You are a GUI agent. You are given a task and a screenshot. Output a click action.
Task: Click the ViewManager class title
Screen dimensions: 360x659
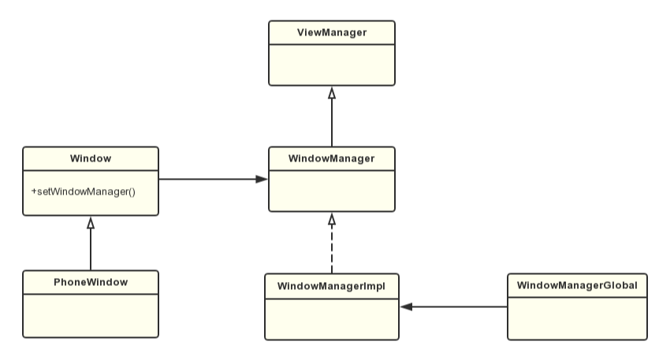[331, 32]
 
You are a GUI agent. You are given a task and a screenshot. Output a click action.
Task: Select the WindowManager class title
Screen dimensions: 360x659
[331, 158]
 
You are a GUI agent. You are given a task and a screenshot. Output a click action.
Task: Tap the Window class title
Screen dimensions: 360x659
[91, 158]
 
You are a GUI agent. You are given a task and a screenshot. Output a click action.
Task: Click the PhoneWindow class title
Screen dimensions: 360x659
[91, 281]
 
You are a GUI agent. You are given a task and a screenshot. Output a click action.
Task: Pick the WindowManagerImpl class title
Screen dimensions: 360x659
[332, 284]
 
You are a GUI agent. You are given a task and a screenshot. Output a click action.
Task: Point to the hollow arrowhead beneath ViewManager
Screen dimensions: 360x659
[332, 92]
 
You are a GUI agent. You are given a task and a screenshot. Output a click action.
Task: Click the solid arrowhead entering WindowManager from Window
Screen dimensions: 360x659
[261, 180]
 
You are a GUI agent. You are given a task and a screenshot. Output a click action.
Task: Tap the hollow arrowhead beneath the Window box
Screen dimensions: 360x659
[91, 223]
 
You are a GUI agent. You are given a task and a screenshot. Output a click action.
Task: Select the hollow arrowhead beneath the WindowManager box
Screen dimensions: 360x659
[332, 218]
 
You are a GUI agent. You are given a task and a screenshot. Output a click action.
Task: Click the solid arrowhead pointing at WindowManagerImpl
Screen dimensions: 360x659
[407, 306]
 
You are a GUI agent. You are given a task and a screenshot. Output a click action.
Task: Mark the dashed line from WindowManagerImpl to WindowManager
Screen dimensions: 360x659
[332, 248]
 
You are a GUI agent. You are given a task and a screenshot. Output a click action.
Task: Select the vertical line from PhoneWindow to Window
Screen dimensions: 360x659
[91, 250]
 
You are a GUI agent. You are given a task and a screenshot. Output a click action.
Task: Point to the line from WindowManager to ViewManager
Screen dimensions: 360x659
[332, 122]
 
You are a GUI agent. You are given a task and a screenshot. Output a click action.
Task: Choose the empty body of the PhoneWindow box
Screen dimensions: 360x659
[91, 314]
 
